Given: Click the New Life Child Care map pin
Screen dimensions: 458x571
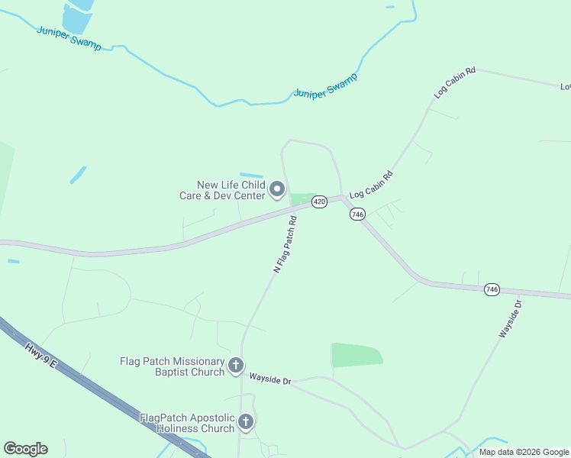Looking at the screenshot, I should pyautogui.click(x=278, y=188).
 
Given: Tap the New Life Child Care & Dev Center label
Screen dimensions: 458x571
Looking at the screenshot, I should pyautogui.click(x=231, y=190).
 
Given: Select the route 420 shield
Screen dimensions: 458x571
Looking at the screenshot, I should pyautogui.click(x=320, y=202).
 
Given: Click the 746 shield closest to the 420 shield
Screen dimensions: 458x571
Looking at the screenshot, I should pyautogui.click(x=358, y=214).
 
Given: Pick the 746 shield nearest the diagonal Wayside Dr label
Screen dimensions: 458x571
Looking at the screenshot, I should pyautogui.click(x=492, y=290).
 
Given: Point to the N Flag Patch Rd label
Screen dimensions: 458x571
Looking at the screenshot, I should pyautogui.click(x=285, y=244).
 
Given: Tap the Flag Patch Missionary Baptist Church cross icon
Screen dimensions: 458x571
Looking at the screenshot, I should pyautogui.click(x=236, y=366).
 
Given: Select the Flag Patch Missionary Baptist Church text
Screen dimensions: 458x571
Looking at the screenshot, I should pyautogui.click(x=173, y=366).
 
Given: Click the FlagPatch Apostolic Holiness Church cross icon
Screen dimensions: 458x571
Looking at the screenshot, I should pyautogui.click(x=245, y=421).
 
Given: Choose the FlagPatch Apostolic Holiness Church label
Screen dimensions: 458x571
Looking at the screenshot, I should pyautogui.click(x=187, y=423).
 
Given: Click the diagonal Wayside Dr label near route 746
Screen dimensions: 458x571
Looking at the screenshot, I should pyautogui.click(x=510, y=319).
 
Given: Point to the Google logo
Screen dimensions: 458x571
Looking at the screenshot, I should pyautogui.click(x=25, y=449).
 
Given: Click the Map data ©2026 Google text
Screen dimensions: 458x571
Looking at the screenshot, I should pyautogui.click(x=524, y=452).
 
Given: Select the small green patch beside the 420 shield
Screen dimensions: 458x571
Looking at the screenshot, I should pyautogui.click(x=302, y=199).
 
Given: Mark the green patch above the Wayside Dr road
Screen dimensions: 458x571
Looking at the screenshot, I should pyautogui.click(x=356, y=355).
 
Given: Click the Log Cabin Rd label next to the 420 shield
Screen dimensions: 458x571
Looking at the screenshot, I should pyautogui.click(x=371, y=185).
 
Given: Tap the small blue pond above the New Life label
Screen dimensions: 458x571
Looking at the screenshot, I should pyautogui.click(x=251, y=176).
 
